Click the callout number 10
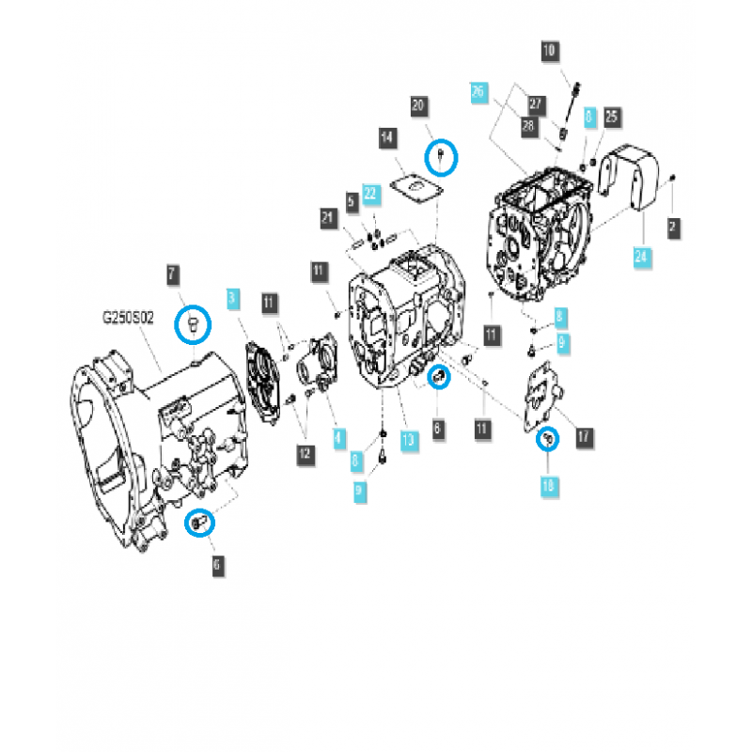(x=550, y=51)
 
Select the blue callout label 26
(x=479, y=92)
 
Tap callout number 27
(x=537, y=103)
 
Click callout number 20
(x=419, y=106)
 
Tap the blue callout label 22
(x=370, y=195)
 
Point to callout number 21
(x=327, y=219)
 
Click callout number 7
(x=173, y=275)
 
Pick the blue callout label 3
(x=233, y=301)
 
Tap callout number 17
(x=583, y=435)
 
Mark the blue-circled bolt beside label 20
(x=441, y=154)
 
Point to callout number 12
(x=303, y=454)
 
